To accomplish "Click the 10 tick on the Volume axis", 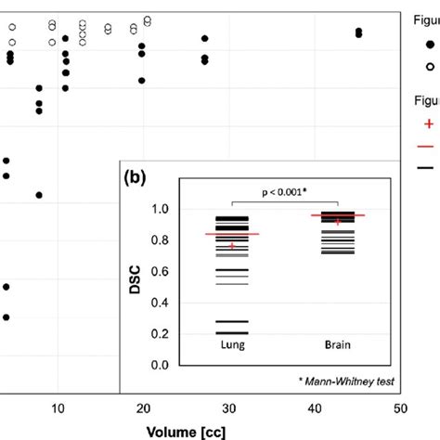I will point(58,408).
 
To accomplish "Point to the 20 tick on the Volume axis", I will point(143,408).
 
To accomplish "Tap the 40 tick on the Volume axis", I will point(315,408).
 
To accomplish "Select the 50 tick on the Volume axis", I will point(400,408).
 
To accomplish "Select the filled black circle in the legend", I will point(430,44).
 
